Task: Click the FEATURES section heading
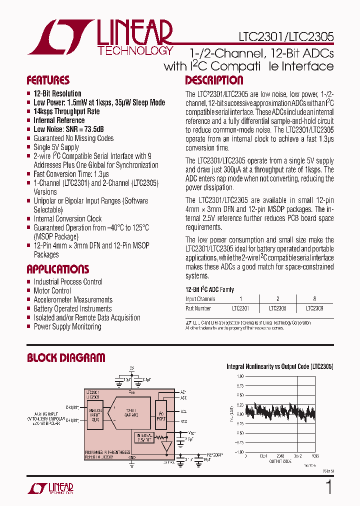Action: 48,80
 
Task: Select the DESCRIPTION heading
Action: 214,80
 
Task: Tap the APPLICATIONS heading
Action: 57,269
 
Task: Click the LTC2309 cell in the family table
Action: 314,308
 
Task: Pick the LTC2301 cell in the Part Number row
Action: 240,308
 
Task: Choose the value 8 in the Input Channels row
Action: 314,299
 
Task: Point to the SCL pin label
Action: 183,412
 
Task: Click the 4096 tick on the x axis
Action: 314,455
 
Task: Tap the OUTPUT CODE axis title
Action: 280,461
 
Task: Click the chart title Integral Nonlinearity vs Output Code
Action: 280,366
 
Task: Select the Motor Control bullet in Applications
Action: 52,290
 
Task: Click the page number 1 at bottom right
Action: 328,487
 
